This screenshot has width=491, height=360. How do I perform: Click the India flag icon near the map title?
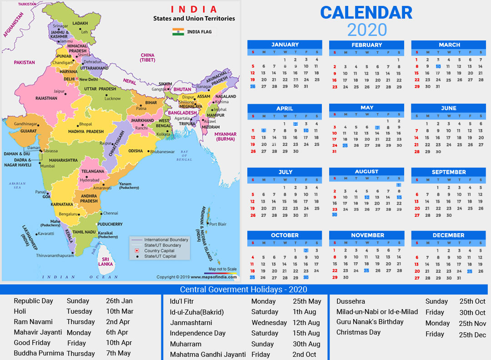[178, 32]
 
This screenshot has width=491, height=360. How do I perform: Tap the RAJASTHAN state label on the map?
[46, 98]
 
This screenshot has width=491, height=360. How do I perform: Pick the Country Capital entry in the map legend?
[159, 251]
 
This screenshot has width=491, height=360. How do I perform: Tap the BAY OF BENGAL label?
[184, 155]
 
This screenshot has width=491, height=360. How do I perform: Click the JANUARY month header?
[285, 45]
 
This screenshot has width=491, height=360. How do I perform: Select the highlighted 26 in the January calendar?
[253, 86]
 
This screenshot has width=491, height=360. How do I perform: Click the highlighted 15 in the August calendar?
[399, 197]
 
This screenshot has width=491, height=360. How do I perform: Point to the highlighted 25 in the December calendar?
[470, 271]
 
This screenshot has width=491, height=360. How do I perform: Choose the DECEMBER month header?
[448, 235]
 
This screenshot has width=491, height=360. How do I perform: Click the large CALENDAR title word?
[366, 13]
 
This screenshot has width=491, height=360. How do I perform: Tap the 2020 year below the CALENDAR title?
[367, 30]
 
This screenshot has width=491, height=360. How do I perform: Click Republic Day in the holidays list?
[33, 301]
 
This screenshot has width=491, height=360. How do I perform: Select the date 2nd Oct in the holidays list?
[304, 355]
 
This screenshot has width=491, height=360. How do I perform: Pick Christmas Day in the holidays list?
[358, 332]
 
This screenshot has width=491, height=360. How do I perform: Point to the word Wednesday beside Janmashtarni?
[269, 323]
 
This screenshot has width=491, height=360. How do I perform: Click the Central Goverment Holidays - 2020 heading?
[243, 290]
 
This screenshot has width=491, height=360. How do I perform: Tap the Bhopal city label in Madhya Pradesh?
[85, 124]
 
